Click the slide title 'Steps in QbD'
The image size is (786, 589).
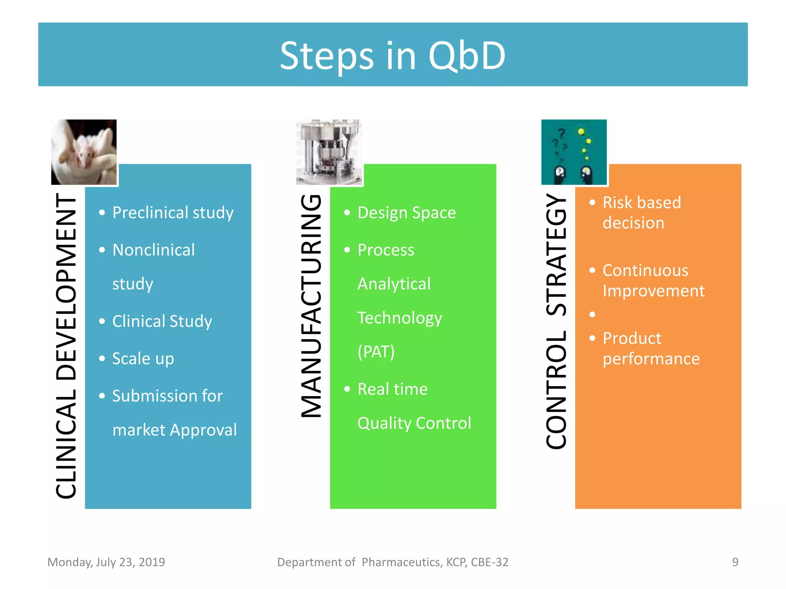(393, 56)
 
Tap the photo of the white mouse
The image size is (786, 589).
(84, 152)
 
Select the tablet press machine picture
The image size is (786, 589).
(329, 152)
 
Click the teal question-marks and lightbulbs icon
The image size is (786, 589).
(574, 152)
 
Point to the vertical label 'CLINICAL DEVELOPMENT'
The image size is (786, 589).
(66, 345)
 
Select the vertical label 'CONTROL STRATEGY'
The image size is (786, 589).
(556, 321)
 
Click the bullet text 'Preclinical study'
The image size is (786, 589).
(173, 213)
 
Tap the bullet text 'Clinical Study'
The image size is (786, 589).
(162, 321)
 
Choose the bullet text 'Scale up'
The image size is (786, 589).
(143, 359)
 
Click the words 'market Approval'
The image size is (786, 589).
(175, 430)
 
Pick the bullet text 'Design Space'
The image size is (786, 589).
(406, 213)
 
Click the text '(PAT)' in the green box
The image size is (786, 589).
(376, 352)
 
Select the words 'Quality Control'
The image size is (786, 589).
(414, 423)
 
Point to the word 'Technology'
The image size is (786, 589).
(400, 318)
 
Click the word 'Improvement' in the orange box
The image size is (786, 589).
(653, 291)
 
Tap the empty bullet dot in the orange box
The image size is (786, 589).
(592, 314)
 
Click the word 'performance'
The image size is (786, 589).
(651, 359)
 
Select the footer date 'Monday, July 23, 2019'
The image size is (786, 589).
(106, 562)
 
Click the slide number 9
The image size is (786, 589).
(735, 562)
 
